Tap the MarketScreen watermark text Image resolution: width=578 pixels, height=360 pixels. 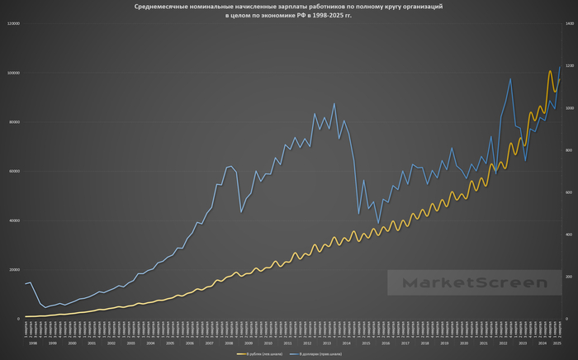coord(475,283)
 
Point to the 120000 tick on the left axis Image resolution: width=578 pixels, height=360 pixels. coord(13,24)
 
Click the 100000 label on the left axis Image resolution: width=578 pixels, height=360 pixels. coord(13,73)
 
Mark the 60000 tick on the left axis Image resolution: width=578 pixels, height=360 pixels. coord(14,171)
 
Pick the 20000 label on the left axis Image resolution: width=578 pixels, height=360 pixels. coord(14,269)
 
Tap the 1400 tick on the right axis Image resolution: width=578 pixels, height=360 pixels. coord(569,24)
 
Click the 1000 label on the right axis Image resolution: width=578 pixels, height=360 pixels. coord(569,108)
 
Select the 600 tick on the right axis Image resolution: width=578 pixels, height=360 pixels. coord(568,192)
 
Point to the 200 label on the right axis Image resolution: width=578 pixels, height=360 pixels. coord(568,277)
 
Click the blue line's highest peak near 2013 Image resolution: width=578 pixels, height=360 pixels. coord(334,104)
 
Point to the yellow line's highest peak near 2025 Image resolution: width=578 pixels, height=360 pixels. coord(550,71)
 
